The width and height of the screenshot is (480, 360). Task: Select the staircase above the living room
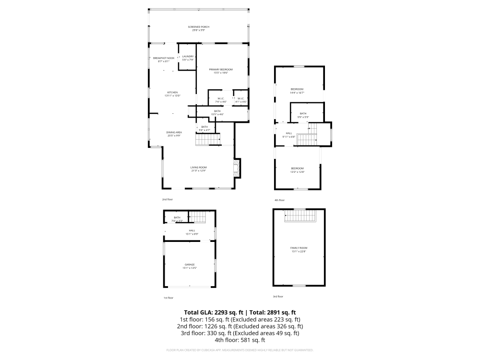pyautogui.click(x=207, y=140)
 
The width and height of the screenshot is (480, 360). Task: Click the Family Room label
pyautogui.click(x=299, y=248)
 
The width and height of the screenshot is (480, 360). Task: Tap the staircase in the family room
pyautogui.click(x=300, y=216)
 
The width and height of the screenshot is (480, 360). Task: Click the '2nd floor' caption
pyautogui.click(x=167, y=199)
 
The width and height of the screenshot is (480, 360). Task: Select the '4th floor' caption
pyautogui.click(x=279, y=200)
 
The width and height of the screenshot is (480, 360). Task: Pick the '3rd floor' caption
pyautogui.click(x=278, y=296)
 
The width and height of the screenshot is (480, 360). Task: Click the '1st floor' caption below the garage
pyautogui.click(x=168, y=298)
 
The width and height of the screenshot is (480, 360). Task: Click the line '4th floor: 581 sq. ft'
pyautogui.click(x=240, y=340)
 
